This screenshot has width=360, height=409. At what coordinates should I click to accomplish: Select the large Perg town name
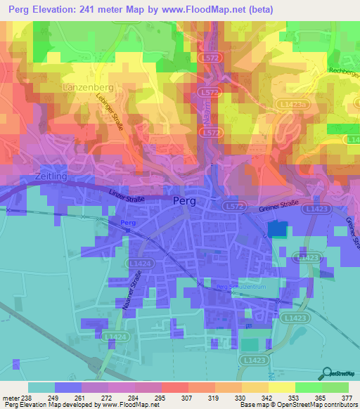point(185,200)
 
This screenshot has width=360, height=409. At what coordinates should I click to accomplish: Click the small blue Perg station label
point(127,223)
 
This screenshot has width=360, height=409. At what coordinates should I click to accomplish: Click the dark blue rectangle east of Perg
point(278,228)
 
